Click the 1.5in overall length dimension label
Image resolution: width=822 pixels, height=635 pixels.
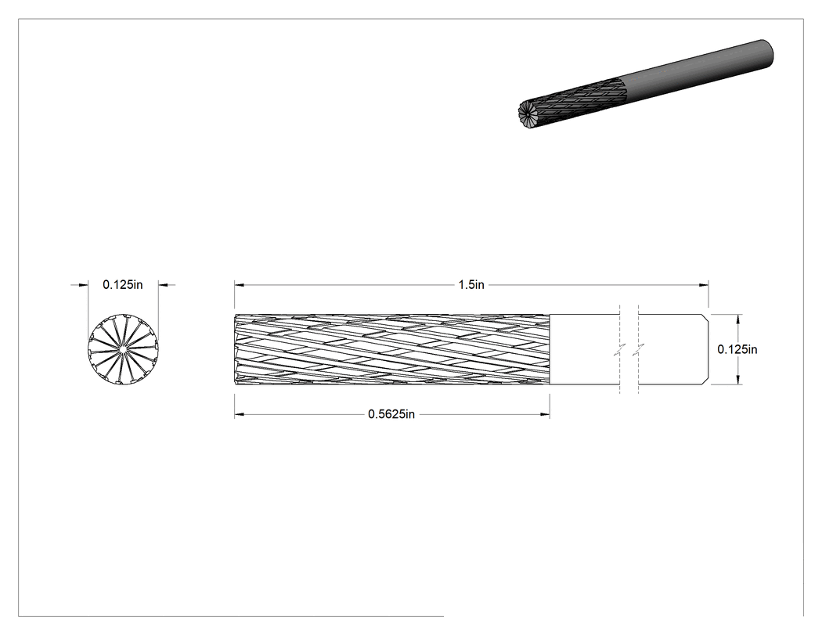(x=471, y=285)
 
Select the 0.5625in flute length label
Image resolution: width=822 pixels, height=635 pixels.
(x=391, y=414)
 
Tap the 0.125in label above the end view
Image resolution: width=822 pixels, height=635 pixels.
(x=123, y=285)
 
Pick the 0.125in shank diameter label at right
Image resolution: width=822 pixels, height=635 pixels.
(x=737, y=349)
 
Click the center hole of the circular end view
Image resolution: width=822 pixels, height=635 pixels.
(x=123, y=348)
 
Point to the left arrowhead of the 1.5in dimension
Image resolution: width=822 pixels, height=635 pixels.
(x=240, y=285)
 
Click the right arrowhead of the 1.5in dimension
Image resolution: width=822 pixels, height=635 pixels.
(x=704, y=285)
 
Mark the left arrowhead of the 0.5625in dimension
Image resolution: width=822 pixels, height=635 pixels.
(x=240, y=414)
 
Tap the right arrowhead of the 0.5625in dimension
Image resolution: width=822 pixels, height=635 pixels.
(x=545, y=414)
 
